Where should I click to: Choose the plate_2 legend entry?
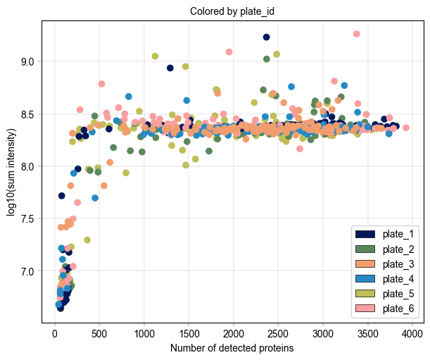tap(384, 249)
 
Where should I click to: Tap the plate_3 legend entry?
tap(384, 264)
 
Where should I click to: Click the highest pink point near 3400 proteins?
tap(357, 34)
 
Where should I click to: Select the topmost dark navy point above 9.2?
tap(267, 37)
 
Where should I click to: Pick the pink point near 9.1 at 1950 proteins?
tap(229, 51)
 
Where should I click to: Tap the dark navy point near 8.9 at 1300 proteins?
tap(170, 68)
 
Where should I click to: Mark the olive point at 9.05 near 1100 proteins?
tap(155, 56)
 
